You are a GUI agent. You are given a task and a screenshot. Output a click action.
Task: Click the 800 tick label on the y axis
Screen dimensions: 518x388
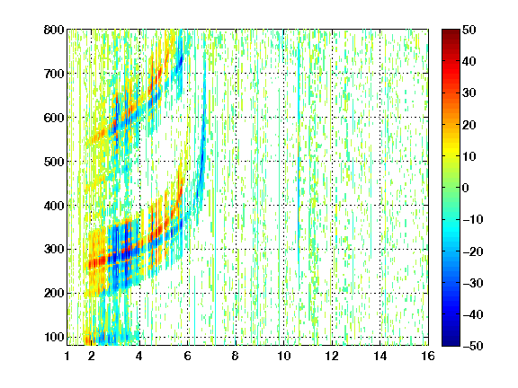54,30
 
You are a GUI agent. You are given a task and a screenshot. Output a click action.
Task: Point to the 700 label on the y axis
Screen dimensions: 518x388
54,74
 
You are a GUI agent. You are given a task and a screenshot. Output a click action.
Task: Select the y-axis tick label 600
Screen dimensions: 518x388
54,118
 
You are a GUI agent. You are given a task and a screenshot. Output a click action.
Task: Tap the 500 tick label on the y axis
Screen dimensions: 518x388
54,162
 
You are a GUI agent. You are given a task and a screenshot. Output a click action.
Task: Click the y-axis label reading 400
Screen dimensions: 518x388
54,206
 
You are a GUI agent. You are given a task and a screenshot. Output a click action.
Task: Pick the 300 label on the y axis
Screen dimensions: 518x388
54,250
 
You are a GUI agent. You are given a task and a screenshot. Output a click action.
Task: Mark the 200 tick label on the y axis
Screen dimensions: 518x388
54,294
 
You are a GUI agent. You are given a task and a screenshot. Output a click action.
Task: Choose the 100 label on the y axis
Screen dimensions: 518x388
54,337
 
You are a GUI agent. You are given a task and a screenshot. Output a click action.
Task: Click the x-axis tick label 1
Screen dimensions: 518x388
67,356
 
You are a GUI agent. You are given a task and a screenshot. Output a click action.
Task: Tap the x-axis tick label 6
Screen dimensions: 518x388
187,356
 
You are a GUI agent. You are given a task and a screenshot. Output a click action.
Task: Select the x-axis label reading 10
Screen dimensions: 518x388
283,356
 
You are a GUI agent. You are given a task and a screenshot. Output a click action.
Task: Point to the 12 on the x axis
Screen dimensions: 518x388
332,356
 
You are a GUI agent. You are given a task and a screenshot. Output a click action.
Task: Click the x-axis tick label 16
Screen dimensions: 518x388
428,356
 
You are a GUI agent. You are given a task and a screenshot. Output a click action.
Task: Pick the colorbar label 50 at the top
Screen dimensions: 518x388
469,30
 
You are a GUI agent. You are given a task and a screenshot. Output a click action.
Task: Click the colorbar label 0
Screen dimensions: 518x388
466,188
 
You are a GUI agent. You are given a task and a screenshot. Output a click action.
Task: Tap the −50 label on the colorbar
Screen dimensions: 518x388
473,346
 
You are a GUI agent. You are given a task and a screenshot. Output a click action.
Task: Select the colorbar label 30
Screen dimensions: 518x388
469,93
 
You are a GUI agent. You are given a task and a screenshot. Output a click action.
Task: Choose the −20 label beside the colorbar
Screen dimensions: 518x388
473,251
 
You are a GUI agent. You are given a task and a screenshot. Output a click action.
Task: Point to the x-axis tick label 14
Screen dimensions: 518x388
380,356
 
